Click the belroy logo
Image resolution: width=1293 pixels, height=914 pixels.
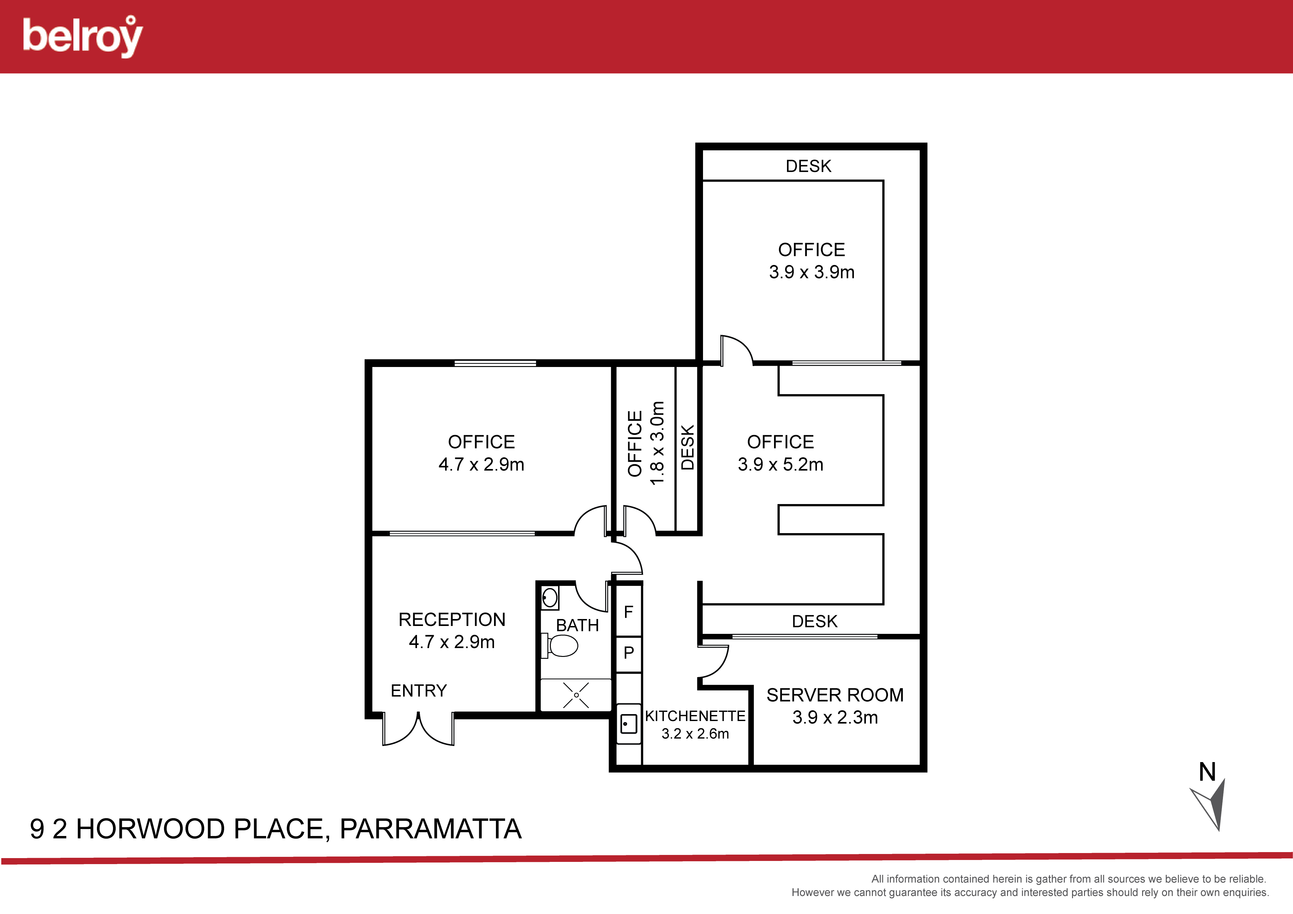pos(83,37)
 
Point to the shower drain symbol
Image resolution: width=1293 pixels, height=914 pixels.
pos(576,695)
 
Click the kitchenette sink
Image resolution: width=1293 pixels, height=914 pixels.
pos(629,724)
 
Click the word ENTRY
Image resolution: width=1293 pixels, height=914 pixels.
pos(418,691)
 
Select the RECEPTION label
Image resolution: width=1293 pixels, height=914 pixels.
pos(452,619)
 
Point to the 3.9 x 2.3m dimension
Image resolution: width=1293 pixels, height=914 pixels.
pos(835,717)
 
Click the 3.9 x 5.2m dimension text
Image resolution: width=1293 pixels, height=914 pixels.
pos(781,464)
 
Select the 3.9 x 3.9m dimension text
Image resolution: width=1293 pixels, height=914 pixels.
pos(812,272)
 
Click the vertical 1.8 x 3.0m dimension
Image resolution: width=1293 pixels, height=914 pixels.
pos(657,443)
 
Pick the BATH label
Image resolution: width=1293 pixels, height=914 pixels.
pos(577,625)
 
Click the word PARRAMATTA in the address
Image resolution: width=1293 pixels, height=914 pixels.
pos(431,829)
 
